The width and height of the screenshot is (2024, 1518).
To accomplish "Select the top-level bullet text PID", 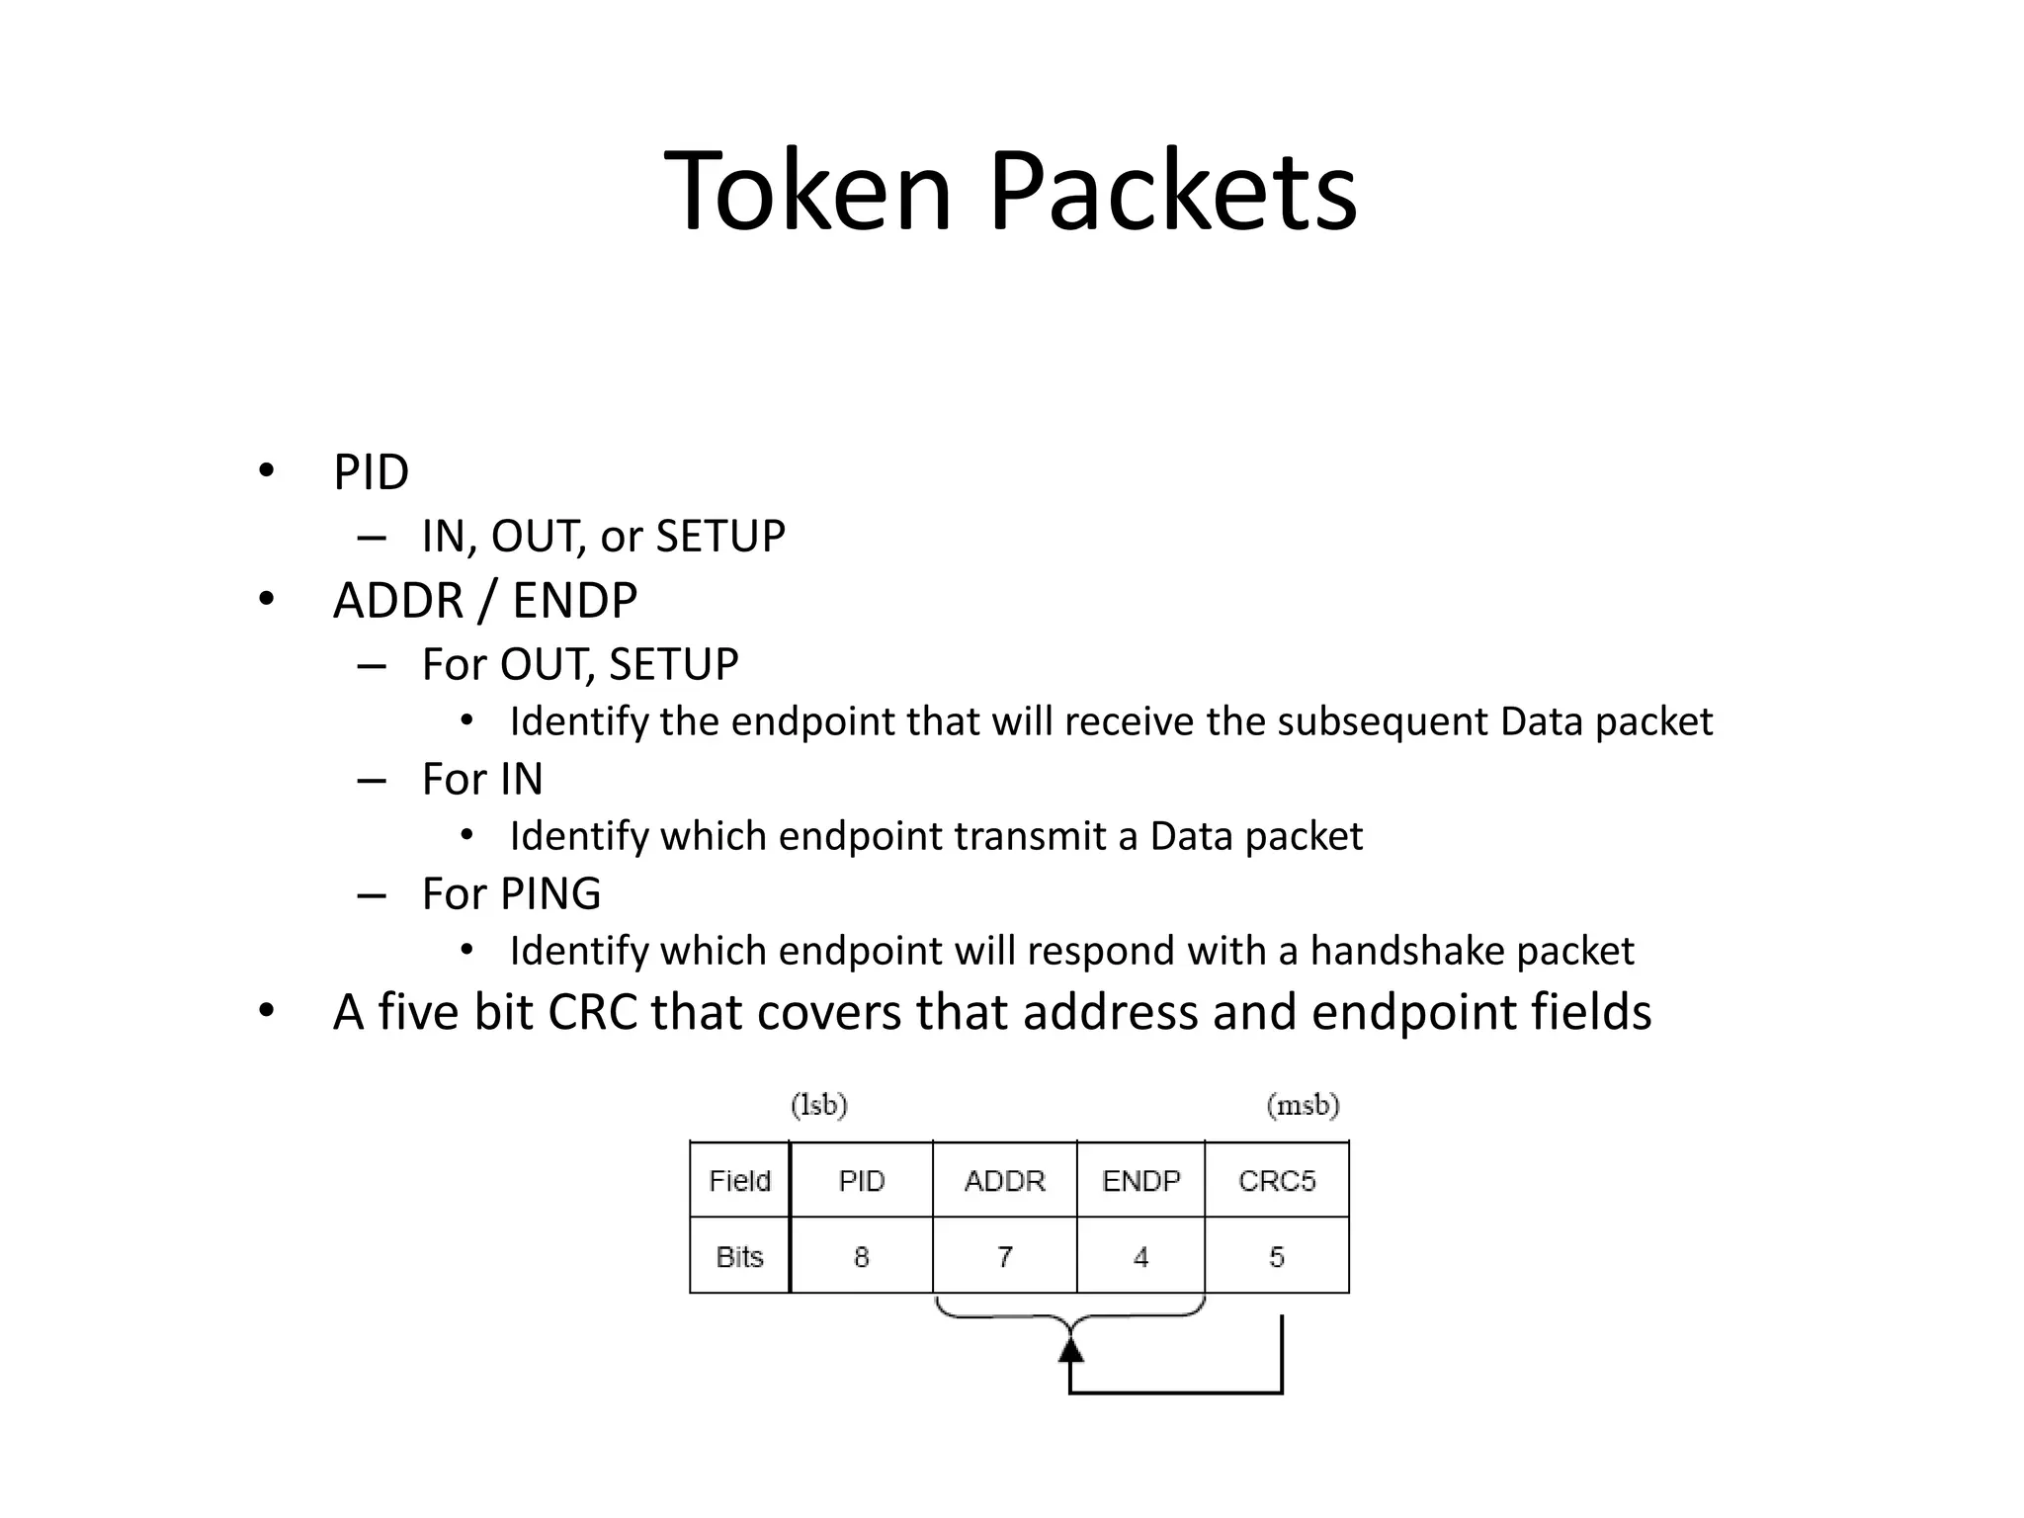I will (371, 472).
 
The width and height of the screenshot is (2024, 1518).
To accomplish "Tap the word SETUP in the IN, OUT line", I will (720, 537).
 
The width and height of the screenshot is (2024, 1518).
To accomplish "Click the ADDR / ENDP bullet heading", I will (485, 601).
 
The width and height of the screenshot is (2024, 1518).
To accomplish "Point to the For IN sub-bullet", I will (482, 779).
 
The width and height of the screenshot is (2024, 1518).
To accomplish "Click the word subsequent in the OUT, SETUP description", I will (1383, 721).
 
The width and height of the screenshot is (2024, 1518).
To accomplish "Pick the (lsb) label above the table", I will (819, 1104).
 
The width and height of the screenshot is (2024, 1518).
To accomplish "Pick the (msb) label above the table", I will (1303, 1104).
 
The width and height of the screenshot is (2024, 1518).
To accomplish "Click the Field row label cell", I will (739, 1180).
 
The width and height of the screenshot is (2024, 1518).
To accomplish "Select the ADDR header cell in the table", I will (1004, 1180).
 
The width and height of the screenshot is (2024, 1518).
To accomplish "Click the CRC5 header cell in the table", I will (1277, 1180).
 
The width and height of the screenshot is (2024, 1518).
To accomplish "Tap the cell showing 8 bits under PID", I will (861, 1256).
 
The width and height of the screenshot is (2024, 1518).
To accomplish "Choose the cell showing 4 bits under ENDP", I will (1140, 1256).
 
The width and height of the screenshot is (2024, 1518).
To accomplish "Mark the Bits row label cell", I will (739, 1256).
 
